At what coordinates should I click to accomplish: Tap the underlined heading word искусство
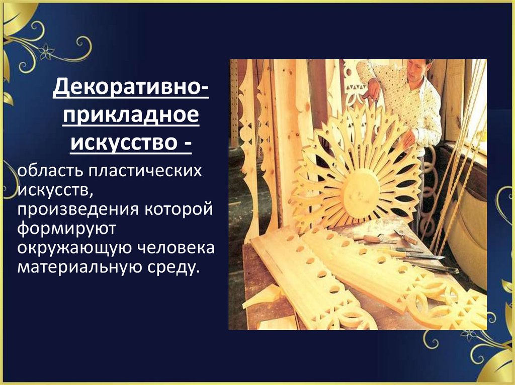(x=123, y=143)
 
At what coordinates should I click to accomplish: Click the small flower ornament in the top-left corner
(x=47, y=51)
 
